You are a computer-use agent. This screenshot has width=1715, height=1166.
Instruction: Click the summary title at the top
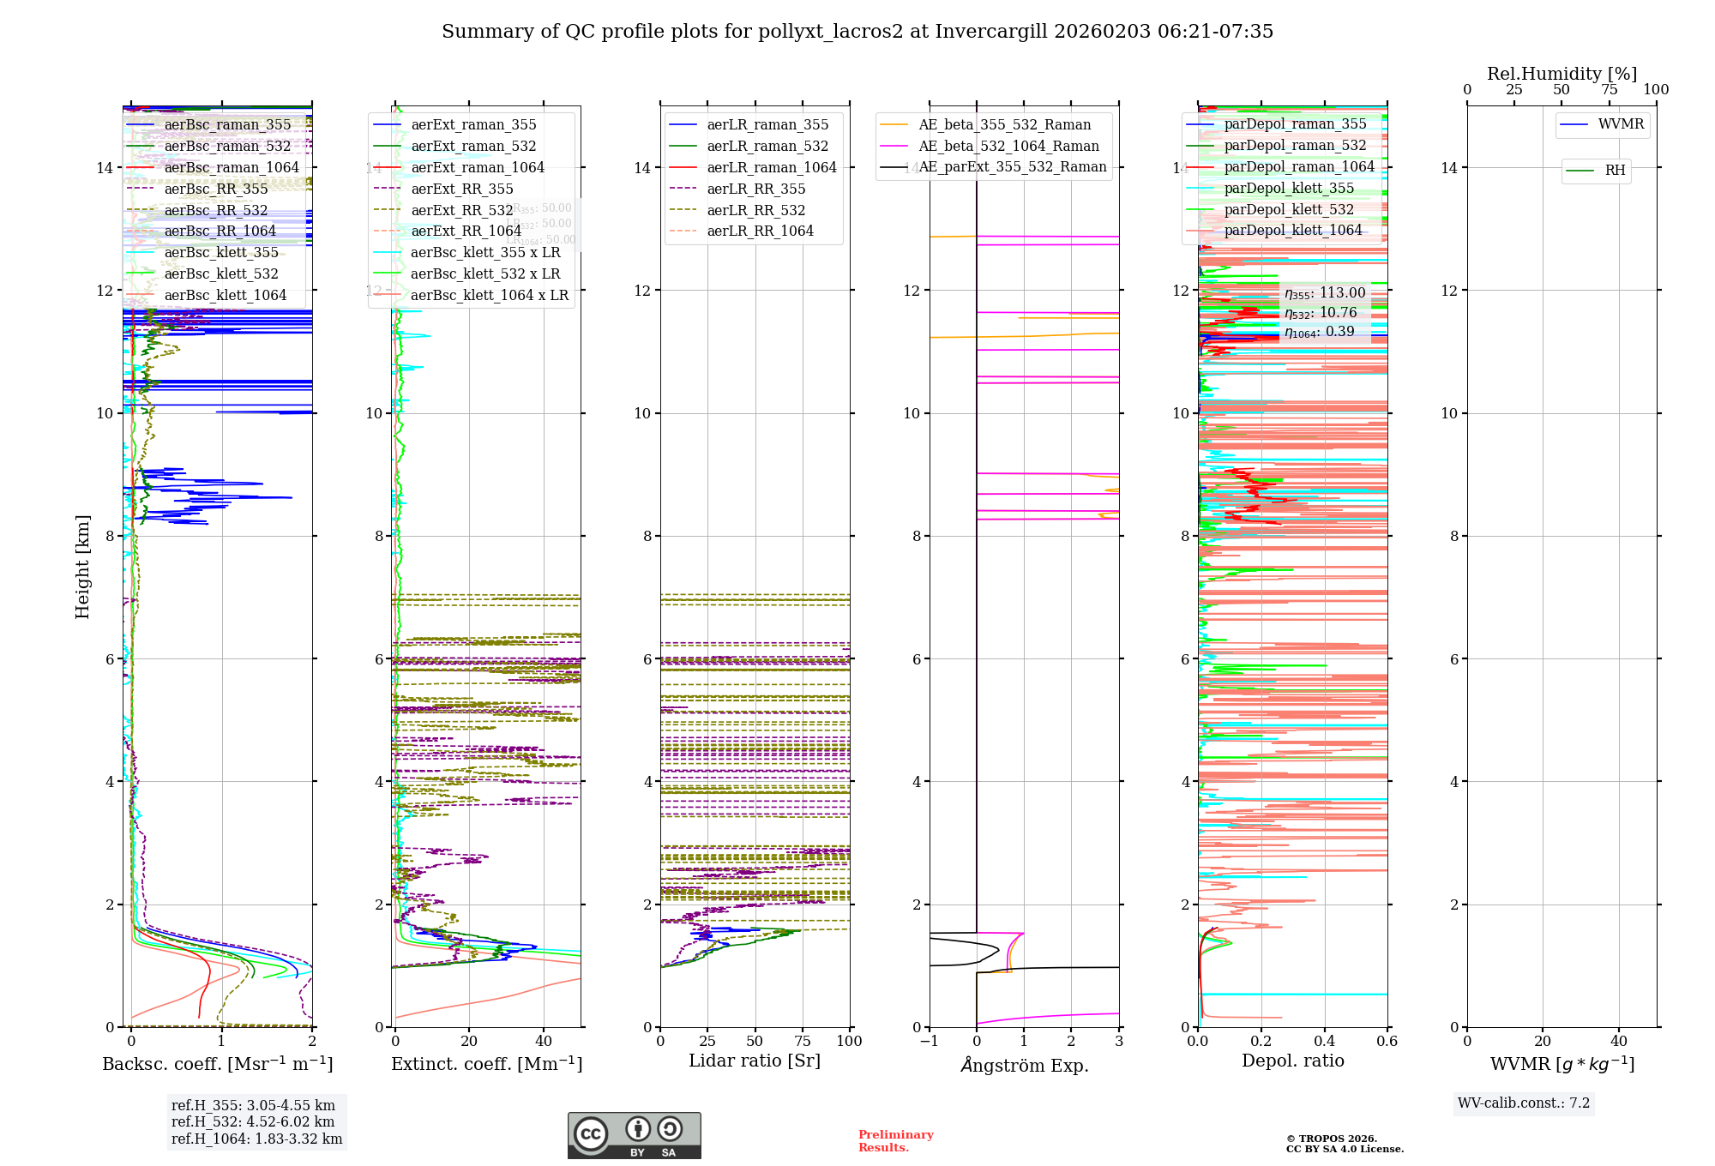click(x=857, y=32)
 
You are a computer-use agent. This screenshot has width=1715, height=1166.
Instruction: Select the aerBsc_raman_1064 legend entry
click(x=232, y=168)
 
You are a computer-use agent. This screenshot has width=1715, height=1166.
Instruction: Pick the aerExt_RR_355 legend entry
click(x=461, y=189)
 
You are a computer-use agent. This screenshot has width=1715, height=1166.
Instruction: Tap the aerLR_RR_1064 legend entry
click(x=760, y=231)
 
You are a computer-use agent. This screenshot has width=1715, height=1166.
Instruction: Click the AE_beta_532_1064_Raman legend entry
click(x=1008, y=147)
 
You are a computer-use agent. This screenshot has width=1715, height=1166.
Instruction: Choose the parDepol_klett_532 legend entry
click(x=1288, y=210)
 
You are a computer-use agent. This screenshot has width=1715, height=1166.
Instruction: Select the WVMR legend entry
click(x=1621, y=125)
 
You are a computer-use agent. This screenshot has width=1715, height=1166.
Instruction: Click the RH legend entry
click(x=1615, y=171)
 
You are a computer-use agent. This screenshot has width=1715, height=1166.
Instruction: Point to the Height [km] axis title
click(x=82, y=566)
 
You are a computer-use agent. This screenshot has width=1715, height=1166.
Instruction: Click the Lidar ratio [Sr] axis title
click(x=755, y=1061)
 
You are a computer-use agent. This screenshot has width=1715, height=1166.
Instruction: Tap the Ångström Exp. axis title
click(x=1024, y=1066)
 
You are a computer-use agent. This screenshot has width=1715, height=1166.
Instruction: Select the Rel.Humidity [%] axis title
click(x=1562, y=75)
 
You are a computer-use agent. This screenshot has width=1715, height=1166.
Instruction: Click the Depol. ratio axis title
click(x=1292, y=1061)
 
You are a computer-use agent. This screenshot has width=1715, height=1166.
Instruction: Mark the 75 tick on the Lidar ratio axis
click(x=803, y=1042)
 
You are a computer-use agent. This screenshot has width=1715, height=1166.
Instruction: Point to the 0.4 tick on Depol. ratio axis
click(x=1324, y=1042)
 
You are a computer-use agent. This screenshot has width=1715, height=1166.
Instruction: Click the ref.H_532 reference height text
click(x=253, y=1122)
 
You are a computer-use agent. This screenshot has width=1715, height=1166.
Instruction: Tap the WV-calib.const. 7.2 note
click(x=1524, y=1103)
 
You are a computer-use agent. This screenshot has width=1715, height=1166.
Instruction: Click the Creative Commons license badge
click(x=634, y=1136)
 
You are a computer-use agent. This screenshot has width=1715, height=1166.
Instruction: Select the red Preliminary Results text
click(x=895, y=1141)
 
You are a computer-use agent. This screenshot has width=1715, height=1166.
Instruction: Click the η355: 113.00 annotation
click(x=1325, y=293)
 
